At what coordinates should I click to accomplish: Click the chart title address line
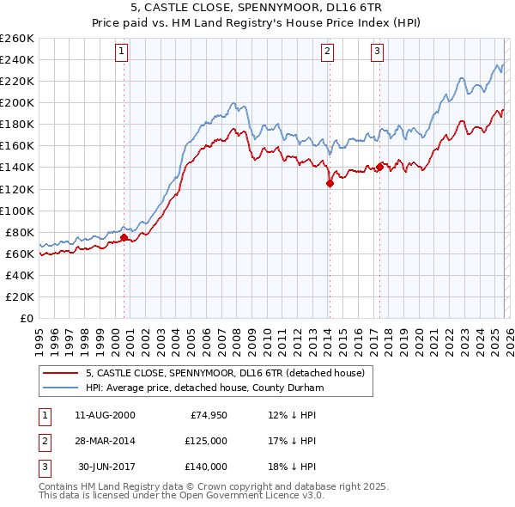tap(257, 8)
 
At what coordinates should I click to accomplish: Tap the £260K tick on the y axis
tap(17, 39)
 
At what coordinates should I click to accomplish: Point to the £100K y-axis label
tap(17, 211)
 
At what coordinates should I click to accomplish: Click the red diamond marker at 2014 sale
tap(330, 182)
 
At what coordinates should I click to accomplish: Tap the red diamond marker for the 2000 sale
tap(124, 237)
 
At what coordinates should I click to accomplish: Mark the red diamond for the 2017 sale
tap(380, 167)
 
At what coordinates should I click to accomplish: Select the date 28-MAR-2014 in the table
tap(105, 441)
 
